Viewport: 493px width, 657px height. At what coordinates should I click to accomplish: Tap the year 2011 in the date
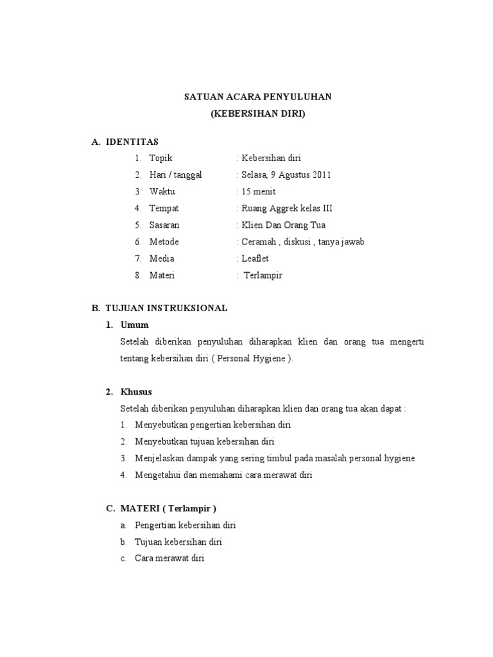[x=323, y=175]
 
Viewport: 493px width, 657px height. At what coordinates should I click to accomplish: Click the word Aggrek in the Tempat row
[x=281, y=208]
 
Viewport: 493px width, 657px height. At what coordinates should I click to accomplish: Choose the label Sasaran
[x=164, y=225]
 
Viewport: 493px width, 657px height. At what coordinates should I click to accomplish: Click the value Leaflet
[x=255, y=259]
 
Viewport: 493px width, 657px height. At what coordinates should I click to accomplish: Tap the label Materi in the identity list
[x=162, y=275]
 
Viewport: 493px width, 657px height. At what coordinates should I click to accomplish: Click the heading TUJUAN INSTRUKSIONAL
[x=168, y=308]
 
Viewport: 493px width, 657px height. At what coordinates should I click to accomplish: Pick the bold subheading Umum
[x=134, y=325]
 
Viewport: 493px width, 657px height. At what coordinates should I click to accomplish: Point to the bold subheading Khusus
[x=137, y=391]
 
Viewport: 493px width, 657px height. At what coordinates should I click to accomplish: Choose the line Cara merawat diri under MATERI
[x=169, y=558]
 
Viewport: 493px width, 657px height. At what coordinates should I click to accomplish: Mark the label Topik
[x=161, y=158]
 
